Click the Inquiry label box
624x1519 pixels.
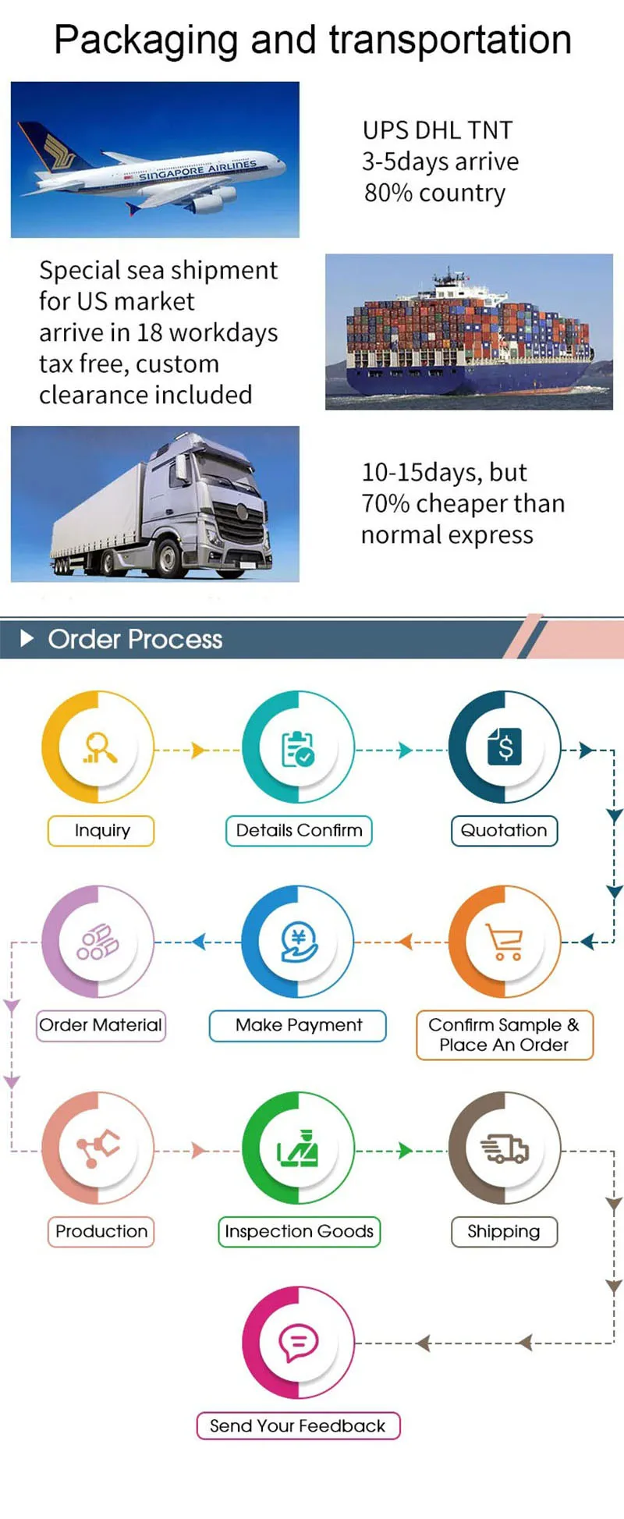[101, 831]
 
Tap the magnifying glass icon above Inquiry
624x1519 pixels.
[100, 747]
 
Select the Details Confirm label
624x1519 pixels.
[299, 831]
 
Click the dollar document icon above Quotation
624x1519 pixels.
[504, 747]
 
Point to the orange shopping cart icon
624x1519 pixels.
[504, 942]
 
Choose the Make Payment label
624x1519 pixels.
[298, 1025]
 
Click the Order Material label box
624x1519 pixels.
[101, 1025]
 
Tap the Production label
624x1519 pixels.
[101, 1231]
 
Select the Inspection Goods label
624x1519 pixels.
[299, 1231]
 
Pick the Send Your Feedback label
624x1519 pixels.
[298, 1425]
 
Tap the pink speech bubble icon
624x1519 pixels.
[298, 1342]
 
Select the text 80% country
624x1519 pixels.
[434, 193]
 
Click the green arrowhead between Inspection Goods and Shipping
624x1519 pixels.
[405, 1150]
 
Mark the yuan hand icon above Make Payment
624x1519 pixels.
[299, 942]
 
